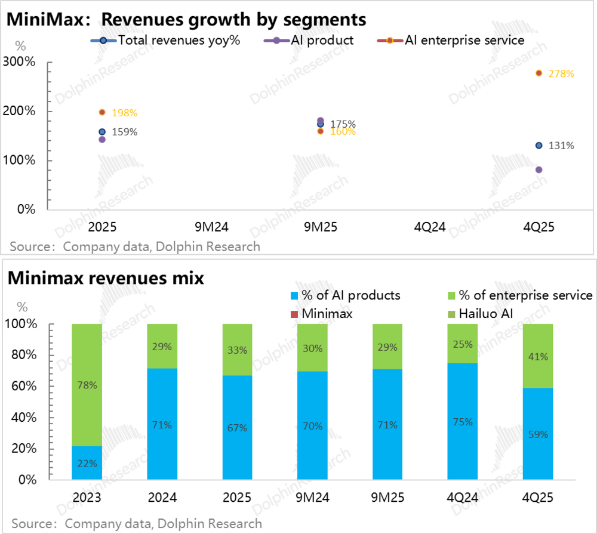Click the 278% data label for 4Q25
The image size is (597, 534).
pyautogui.click(x=562, y=74)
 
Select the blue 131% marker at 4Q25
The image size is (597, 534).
pyautogui.click(x=538, y=146)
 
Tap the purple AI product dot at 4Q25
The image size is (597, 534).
pyautogui.click(x=538, y=170)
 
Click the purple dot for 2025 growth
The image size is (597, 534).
pyautogui.click(x=102, y=140)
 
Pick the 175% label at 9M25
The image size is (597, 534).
pyautogui.click(x=343, y=124)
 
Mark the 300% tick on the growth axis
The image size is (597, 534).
pyautogui.click(x=20, y=62)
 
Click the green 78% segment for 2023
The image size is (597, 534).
pyautogui.click(x=87, y=385)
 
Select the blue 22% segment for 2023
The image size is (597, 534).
pyautogui.click(x=87, y=462)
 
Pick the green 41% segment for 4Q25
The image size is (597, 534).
pyautogui.click(x=538, y=356)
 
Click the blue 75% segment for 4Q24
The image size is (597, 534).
pyautogui.click(x=463, y=421)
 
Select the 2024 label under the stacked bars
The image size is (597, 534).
pyautogui.click(x=162, y=498)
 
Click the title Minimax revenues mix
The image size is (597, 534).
pyautogui.click(x=106, y=277)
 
